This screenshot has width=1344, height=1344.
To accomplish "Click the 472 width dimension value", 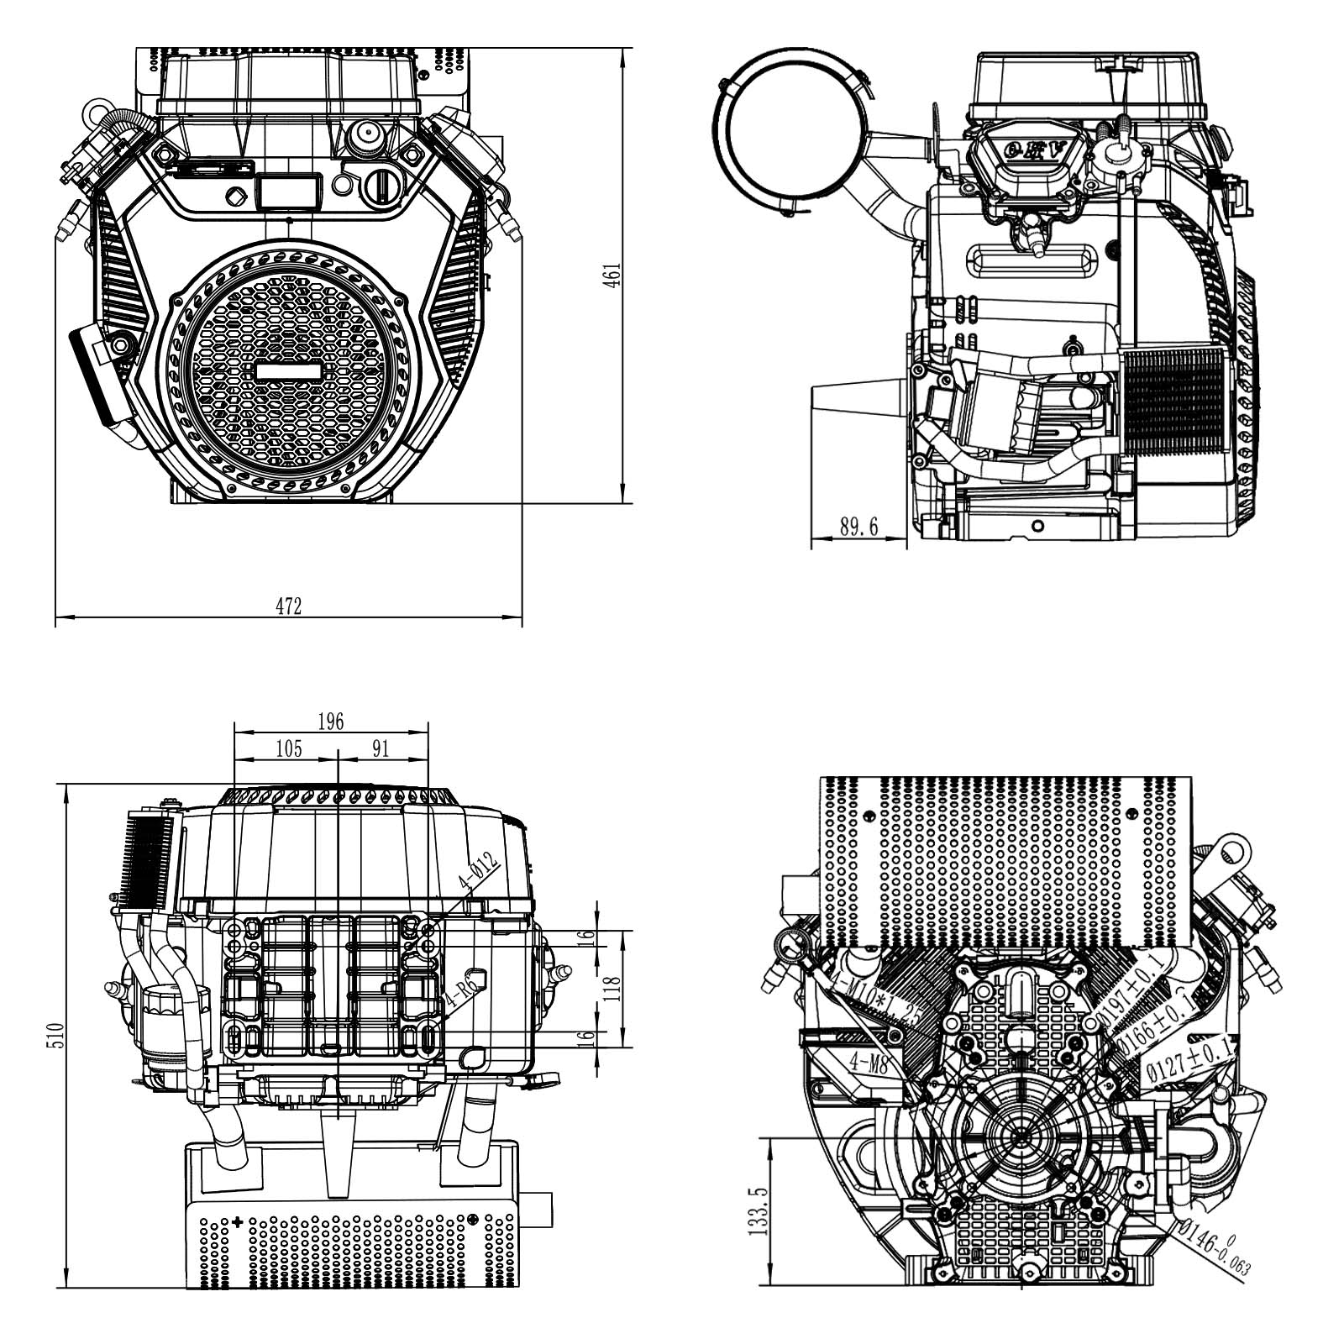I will pyautogui.click(x=288, y=606).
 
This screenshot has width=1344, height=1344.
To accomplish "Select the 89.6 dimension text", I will pyautogui.click(x=858, y=527).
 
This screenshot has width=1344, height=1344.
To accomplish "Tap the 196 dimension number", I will pyautogui.click(x=331, y=722).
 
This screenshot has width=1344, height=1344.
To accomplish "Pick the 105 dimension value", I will pyautogui.click(x=288, y=748).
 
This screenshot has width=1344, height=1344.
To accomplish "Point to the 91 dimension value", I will pyautogui.click(x=381, y=748).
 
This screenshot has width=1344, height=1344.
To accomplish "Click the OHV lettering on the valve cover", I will pyautogui.click(x=1037, y=150).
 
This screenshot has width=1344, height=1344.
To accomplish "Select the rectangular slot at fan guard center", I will pyautogui.click(x=288, y=371).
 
